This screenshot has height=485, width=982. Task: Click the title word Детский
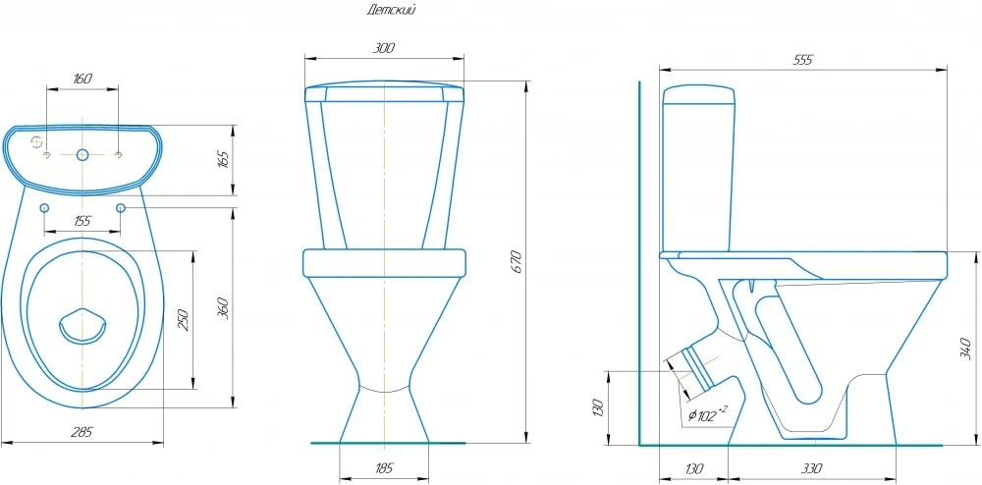[391, 10]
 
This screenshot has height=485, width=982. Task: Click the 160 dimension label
[82, 79]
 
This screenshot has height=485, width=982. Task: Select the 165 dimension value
[223, 160]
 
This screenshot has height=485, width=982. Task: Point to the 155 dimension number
[82, 221]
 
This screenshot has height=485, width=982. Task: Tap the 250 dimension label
[183, 319]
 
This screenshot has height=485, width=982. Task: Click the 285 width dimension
[82, 432]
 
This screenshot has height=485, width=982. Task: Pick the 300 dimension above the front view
[383, 48]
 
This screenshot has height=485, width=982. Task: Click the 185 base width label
[384, 468]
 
